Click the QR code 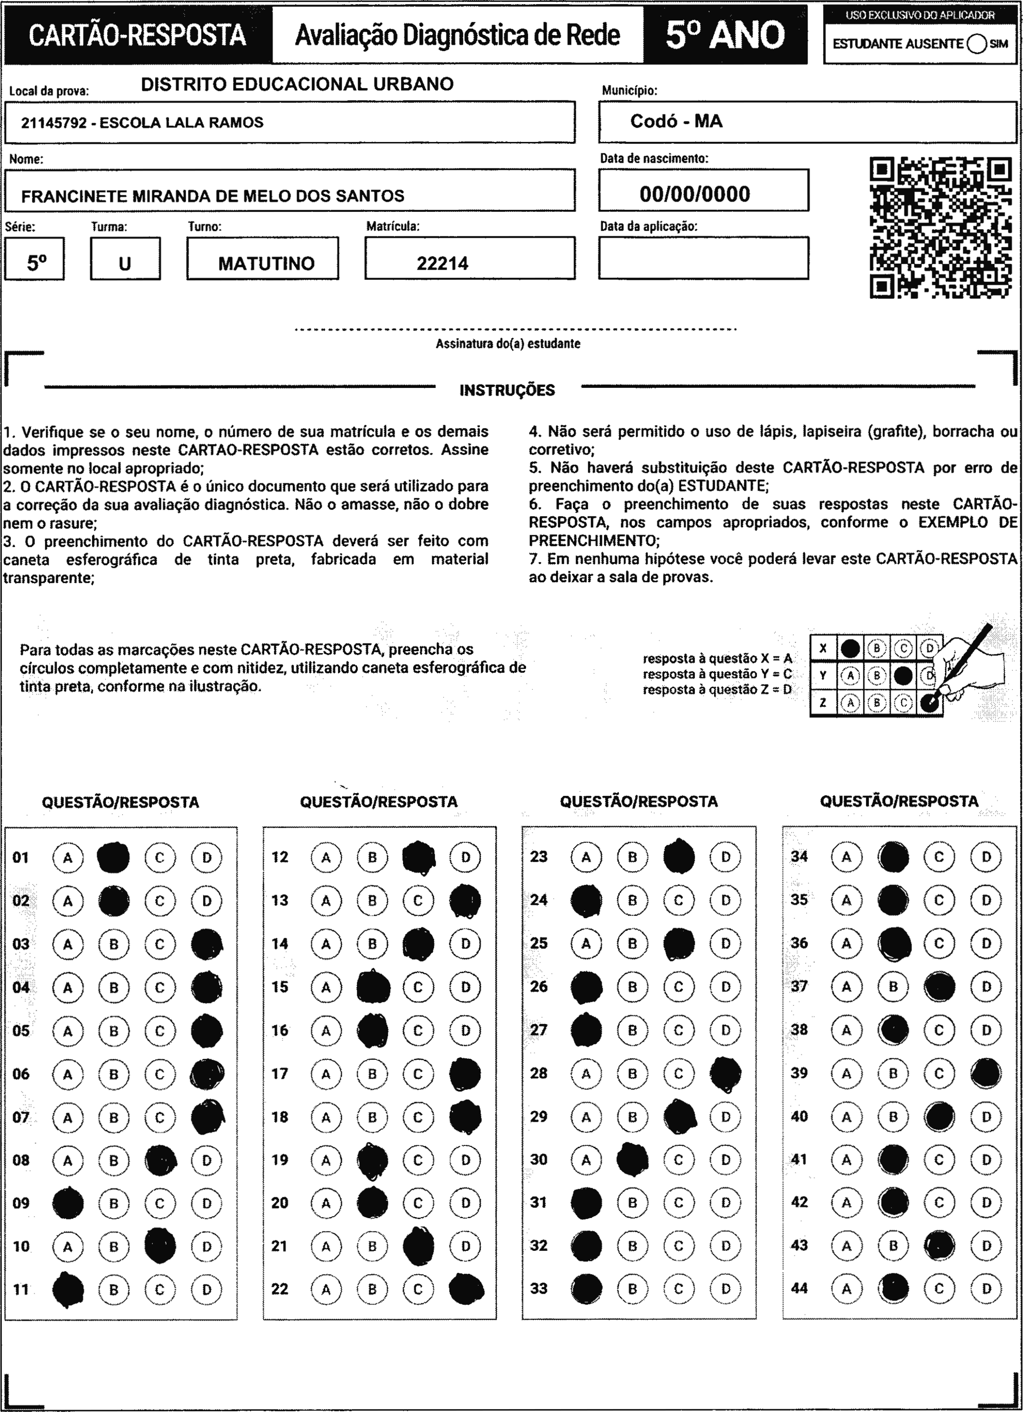[x=940, y=228]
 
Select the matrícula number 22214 [x=442, y=263]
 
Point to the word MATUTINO [x=266, y=263]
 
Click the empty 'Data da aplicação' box [x=704, y=258]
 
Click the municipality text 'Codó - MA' [x=676, y=121]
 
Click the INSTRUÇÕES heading [x=507, y=390]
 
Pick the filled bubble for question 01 [x=114, y=857]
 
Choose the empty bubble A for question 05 [x=68, y=1031]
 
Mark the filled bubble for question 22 [x=466, y=1289]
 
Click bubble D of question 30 [x=725, y=1160]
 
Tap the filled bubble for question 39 [x=986, y=1073]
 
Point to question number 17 [x=280, y=1073]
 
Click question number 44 [x=799, y=1287]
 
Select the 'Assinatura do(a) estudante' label [x=507, y=344]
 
